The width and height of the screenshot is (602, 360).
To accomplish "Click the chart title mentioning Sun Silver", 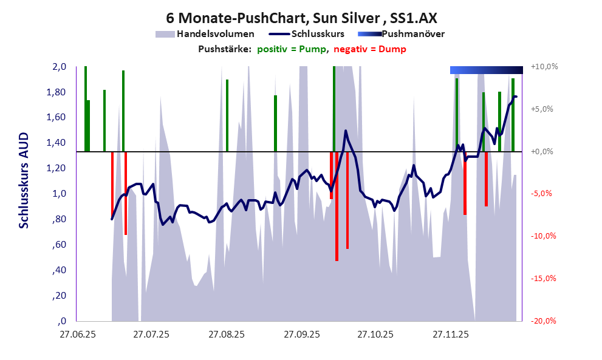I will point(301,18).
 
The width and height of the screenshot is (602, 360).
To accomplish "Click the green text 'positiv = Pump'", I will point(291,49).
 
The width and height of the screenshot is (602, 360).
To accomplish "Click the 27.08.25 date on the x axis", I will point(226,335).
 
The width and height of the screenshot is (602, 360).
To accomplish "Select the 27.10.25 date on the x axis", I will point(375,335).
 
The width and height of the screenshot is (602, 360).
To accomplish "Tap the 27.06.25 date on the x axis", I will point(77,335).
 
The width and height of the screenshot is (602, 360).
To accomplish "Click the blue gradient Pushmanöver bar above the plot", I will point(486,70).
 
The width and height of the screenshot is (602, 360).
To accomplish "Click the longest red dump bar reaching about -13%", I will point(337,206).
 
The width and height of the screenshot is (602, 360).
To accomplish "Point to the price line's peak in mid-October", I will point(346,131).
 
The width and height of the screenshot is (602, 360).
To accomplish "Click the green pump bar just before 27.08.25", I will point(227,115).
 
